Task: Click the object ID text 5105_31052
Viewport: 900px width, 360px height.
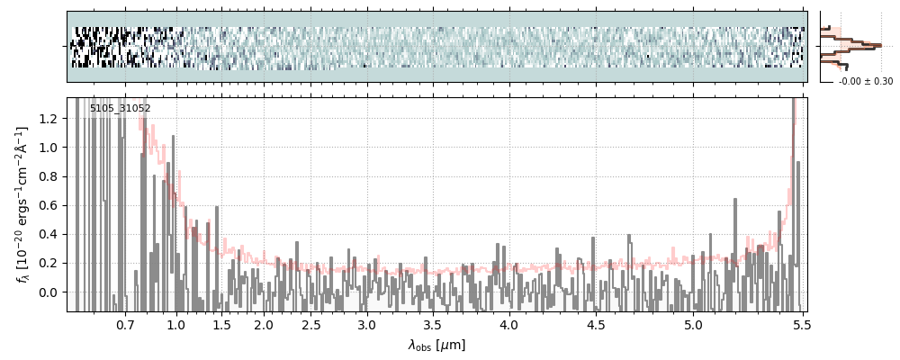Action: pos(120,109)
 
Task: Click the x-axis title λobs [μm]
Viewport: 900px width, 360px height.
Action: pos(436,345)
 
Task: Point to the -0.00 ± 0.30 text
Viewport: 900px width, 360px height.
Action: pos(865,82)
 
